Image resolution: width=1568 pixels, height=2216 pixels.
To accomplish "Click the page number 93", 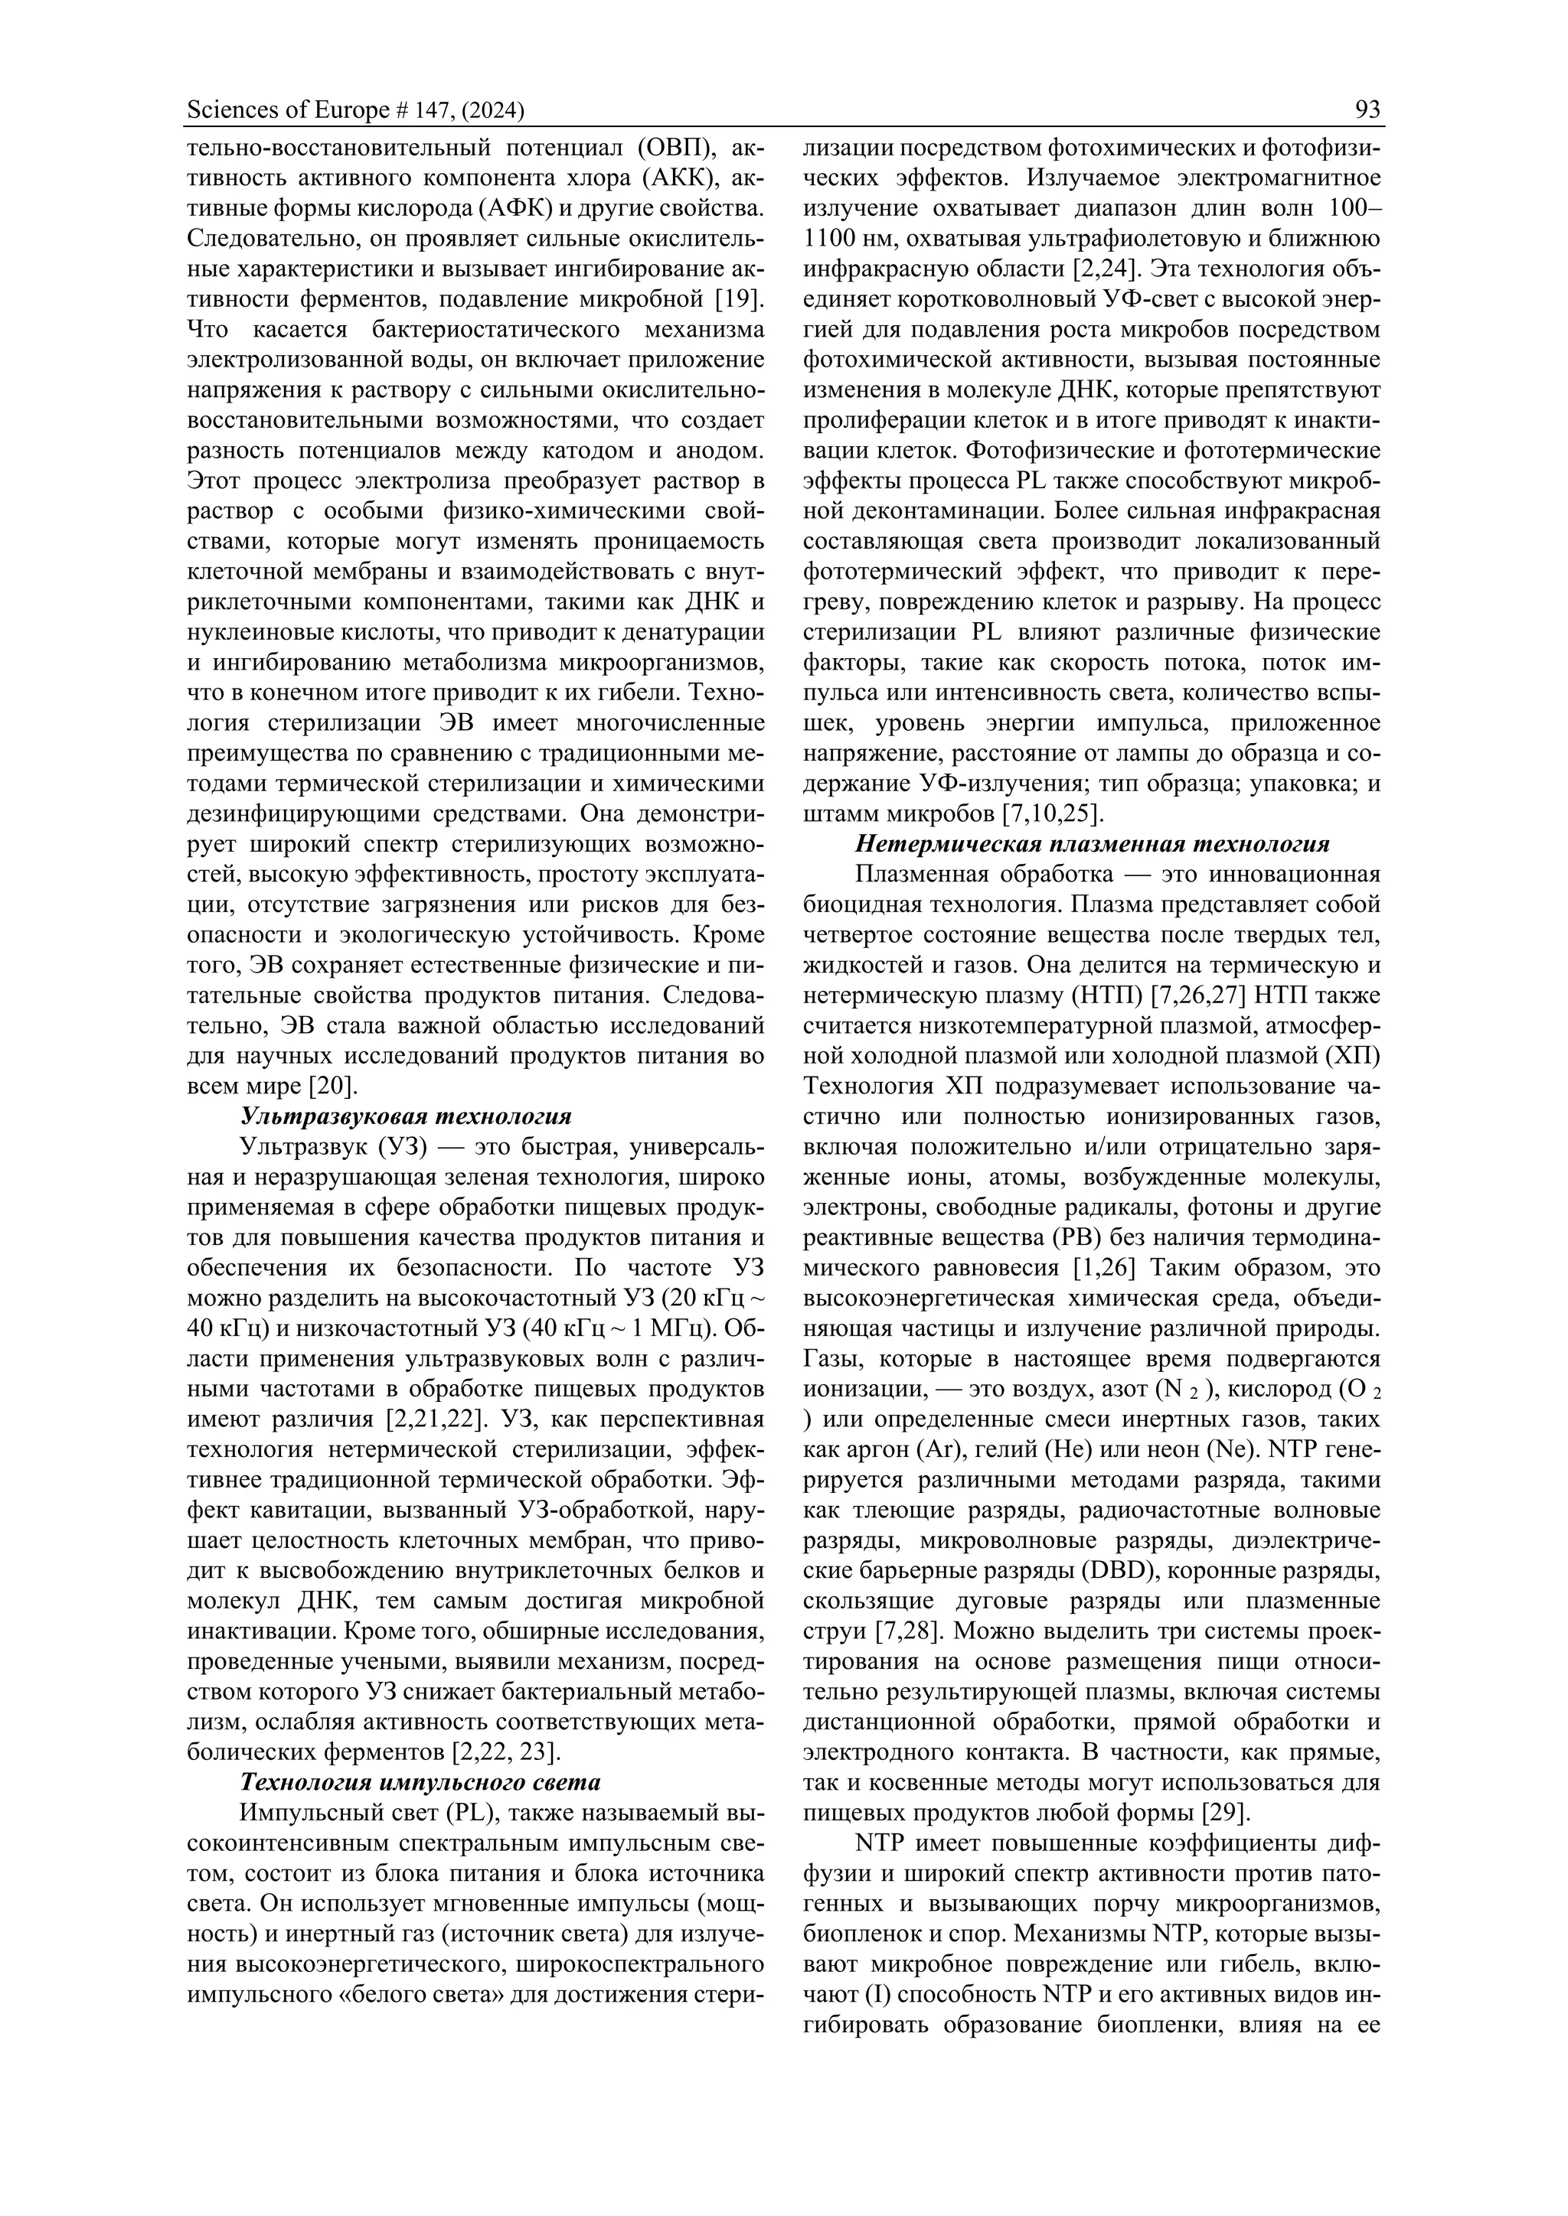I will click(x=1367, y=110).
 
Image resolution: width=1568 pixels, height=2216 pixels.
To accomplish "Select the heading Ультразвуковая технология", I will click(x=406, y=1116).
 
